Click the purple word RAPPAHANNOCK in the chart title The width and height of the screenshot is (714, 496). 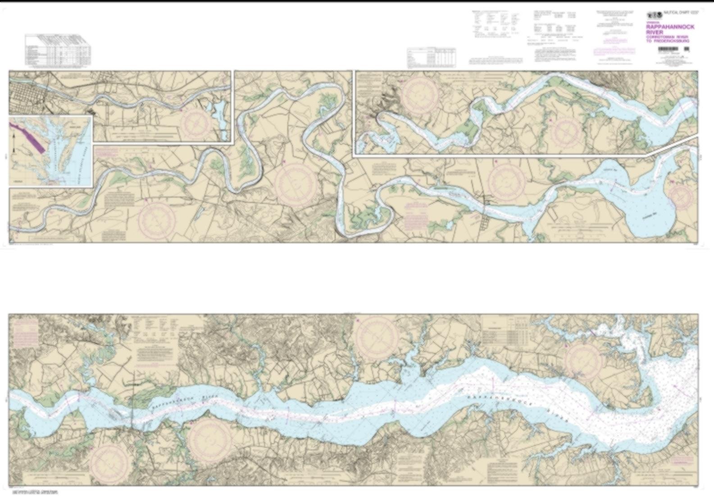(670, 27)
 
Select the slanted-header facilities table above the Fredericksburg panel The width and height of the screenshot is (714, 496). (58, 50)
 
